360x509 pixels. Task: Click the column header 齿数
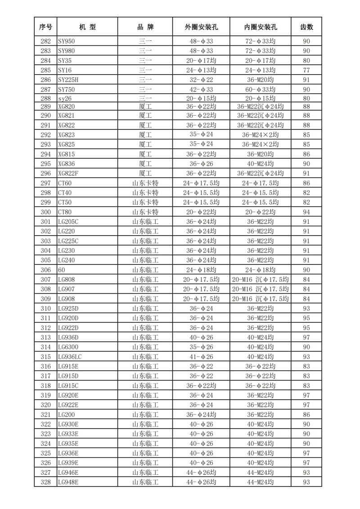point(306,27)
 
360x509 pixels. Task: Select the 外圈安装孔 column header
point(201,27)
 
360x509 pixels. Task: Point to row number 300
point(45,212)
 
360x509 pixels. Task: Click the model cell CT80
point(65,212)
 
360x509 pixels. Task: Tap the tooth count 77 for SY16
point(306,70)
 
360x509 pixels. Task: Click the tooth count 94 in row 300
point(306,212)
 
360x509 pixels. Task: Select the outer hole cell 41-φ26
point(201,357)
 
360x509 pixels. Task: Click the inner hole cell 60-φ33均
point(260,89)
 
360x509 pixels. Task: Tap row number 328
point(45,482)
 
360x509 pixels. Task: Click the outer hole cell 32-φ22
point(201,80)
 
